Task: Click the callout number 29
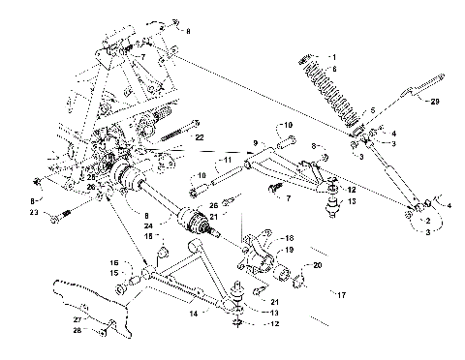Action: pos(435,101)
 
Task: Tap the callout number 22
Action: pos(201,139)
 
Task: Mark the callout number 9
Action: pos(255,143)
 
